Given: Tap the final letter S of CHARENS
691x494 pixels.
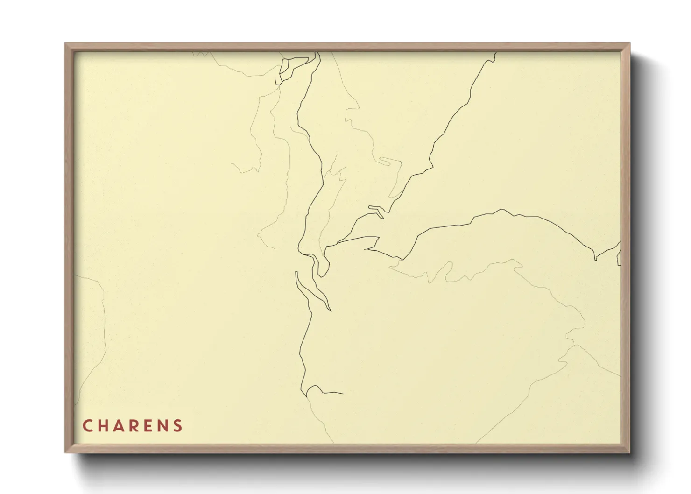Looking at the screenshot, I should point(178,426).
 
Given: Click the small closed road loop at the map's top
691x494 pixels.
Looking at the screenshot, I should point(286,70).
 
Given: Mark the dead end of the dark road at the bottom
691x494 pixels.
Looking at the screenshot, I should point(343,394).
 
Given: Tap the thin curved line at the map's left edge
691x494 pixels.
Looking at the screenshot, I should point(100,327).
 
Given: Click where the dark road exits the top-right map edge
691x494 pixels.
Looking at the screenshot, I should point(495,53).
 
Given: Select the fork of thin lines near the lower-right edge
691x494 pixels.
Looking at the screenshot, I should point(575,346).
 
